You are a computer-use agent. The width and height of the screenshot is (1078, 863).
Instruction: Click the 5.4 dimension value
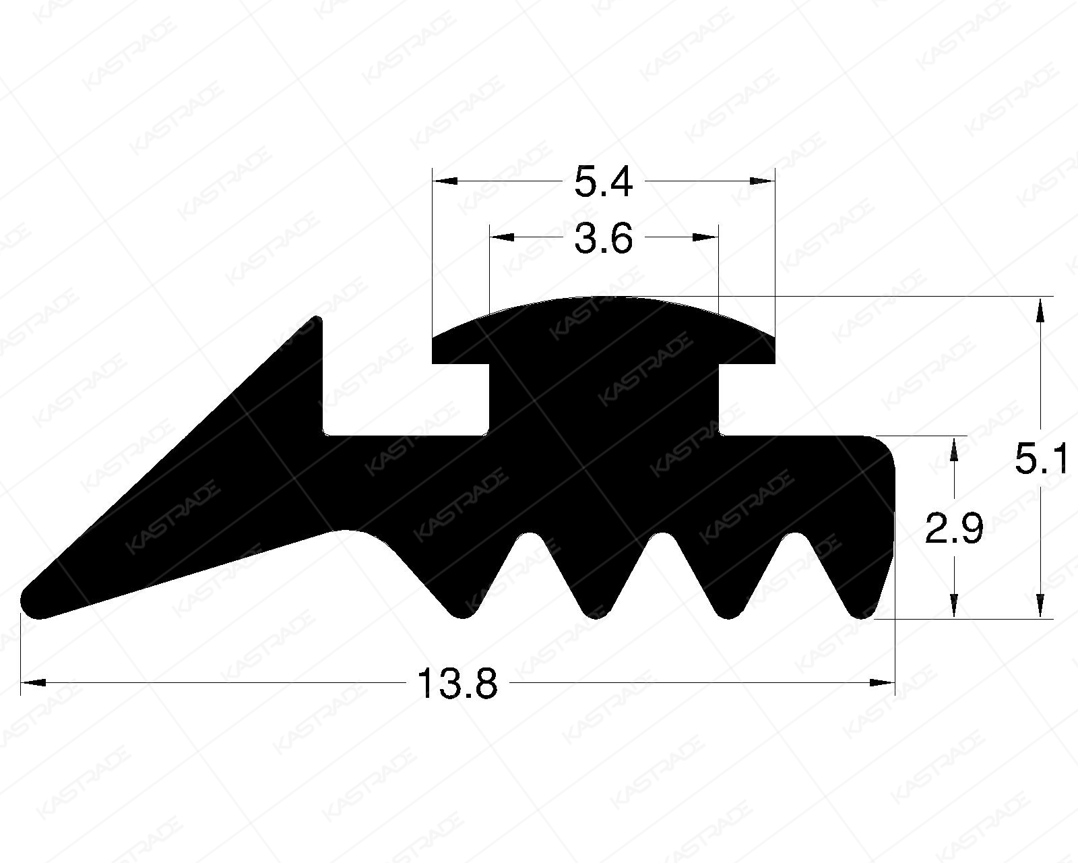tap(603, 182)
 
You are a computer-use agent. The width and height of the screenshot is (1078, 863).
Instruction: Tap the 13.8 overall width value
tap(457, 684)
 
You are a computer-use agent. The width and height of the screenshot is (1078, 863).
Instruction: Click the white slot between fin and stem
tap(404, 398)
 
